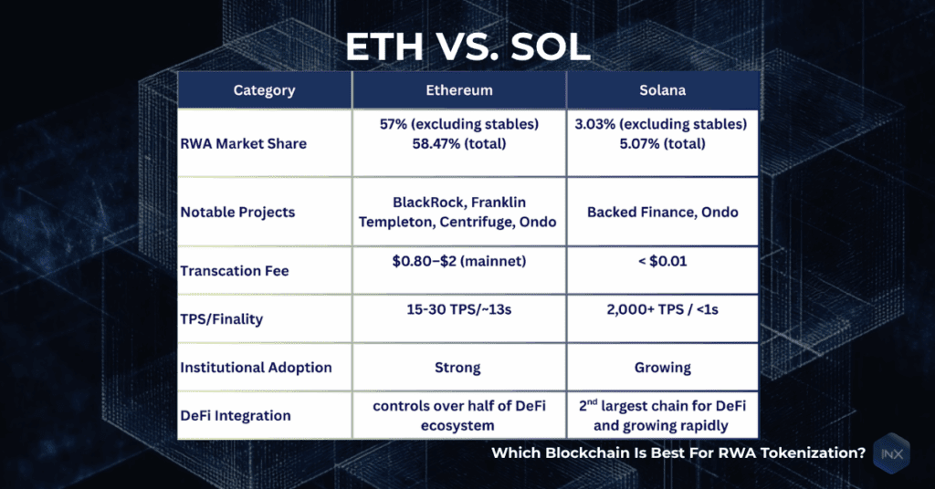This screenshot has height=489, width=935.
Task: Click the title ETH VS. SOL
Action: click(x=467, y=47)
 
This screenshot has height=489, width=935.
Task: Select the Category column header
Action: click(x=264, y=90)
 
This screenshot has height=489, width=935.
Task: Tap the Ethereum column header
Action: click(x=459, y=90)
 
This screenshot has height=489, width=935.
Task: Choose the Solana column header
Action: click(x=662, y=90)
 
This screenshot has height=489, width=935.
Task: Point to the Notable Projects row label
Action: click(x=237, y=212)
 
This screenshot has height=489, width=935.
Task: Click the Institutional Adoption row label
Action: click(x=256, y=368)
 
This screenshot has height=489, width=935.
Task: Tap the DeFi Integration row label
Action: click(x=236, y=415)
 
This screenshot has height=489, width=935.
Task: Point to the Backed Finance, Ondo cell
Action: click(x=662, y=212)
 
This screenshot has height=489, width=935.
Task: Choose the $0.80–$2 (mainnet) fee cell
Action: click(x=459, y=262)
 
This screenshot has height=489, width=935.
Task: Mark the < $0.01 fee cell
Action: click(x=662, y=262)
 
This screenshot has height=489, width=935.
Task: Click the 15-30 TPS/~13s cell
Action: click(x=459, y=310)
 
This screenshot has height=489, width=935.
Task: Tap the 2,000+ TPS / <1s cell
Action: click(x=662, y=310)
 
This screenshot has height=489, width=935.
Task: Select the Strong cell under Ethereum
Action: click(x=459, y=368)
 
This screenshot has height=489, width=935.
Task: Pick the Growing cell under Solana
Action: click(x=662, y=368)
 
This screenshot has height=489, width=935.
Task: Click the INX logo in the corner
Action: click(x=892, y=453)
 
